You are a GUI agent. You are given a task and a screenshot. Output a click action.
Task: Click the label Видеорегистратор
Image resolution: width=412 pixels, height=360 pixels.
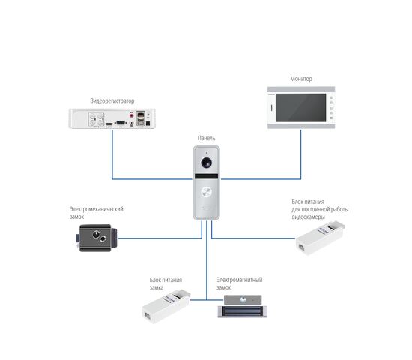(112, 100)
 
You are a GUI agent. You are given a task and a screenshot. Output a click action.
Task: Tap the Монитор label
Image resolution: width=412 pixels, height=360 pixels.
(301, 79)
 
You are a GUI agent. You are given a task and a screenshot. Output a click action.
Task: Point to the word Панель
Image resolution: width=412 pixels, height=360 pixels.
(207, 138)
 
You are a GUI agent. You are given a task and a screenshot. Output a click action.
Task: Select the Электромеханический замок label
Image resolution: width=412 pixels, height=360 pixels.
(96, 213)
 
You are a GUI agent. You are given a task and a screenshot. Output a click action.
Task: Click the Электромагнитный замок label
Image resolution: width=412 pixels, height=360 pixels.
(240, 283)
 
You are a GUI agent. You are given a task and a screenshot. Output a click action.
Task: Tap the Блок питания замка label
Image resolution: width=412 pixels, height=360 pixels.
(166, 283)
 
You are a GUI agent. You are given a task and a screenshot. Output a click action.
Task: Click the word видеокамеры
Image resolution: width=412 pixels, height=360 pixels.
(308, 217)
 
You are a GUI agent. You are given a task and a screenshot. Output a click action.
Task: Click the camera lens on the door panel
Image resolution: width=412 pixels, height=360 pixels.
(207, 163)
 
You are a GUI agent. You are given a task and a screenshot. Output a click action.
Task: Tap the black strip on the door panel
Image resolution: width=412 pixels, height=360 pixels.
(206, 176)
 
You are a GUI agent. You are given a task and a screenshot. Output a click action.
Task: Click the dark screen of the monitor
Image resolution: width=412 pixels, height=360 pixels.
(301, 108)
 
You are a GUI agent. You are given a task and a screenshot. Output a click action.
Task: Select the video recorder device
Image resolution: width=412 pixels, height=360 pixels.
(112, 118)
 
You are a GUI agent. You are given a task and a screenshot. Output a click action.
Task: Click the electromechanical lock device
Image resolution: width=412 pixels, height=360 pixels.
(97, 238)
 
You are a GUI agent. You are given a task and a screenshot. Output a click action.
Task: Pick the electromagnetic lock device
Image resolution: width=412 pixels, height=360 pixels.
(243, 306)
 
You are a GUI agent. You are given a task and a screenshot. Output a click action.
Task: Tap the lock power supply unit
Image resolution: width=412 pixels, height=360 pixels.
(166, 307)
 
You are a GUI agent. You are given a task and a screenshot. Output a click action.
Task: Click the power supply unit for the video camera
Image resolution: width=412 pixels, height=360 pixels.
(320, 238)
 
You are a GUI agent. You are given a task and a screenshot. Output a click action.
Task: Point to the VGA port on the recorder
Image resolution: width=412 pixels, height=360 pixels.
(121, 123)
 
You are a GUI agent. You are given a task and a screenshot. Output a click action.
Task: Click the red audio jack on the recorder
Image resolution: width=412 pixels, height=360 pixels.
(131, 115)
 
